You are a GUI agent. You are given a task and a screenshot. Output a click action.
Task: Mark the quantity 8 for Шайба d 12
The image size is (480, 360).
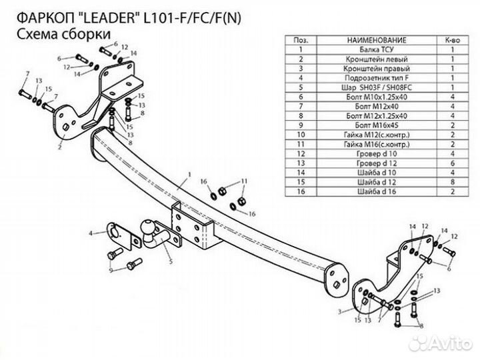tap(453, 181)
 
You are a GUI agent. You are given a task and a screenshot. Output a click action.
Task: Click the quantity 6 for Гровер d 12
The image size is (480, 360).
tap(453, 162)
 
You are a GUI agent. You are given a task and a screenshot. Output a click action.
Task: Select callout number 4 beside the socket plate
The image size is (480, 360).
tap(91, 233)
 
